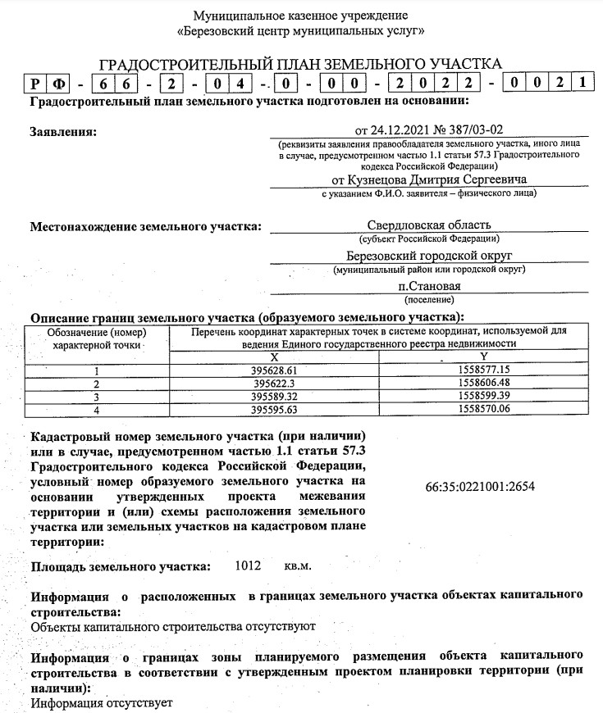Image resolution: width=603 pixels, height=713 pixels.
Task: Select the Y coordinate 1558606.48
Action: point(487,383)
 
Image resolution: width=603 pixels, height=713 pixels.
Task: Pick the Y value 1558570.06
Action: point(487,409)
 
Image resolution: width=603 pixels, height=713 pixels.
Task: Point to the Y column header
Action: point(484,357)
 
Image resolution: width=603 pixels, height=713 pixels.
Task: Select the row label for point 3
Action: point(96,396)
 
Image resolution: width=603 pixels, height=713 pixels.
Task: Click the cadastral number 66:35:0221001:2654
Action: point(481,486)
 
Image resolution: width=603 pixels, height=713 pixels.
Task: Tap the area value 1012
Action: point(247,566)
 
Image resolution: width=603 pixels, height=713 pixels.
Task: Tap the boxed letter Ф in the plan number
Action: point(60,82)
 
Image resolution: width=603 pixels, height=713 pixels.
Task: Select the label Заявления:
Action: point(62,131)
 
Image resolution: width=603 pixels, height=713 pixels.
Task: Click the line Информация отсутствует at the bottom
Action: point(102,703)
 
